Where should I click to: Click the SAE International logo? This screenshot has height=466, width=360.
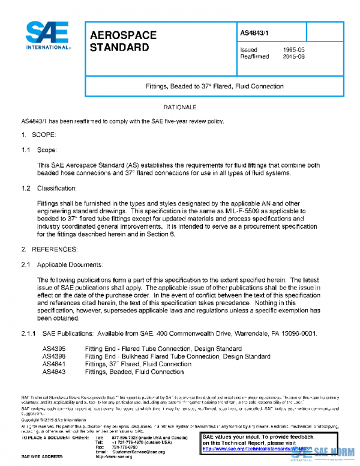tap(46, 35)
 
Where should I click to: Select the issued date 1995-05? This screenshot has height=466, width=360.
tap(295, 49)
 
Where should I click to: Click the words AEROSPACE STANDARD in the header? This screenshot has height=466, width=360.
tap(122, 41)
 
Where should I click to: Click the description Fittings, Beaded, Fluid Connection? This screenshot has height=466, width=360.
tap(134, 372)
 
